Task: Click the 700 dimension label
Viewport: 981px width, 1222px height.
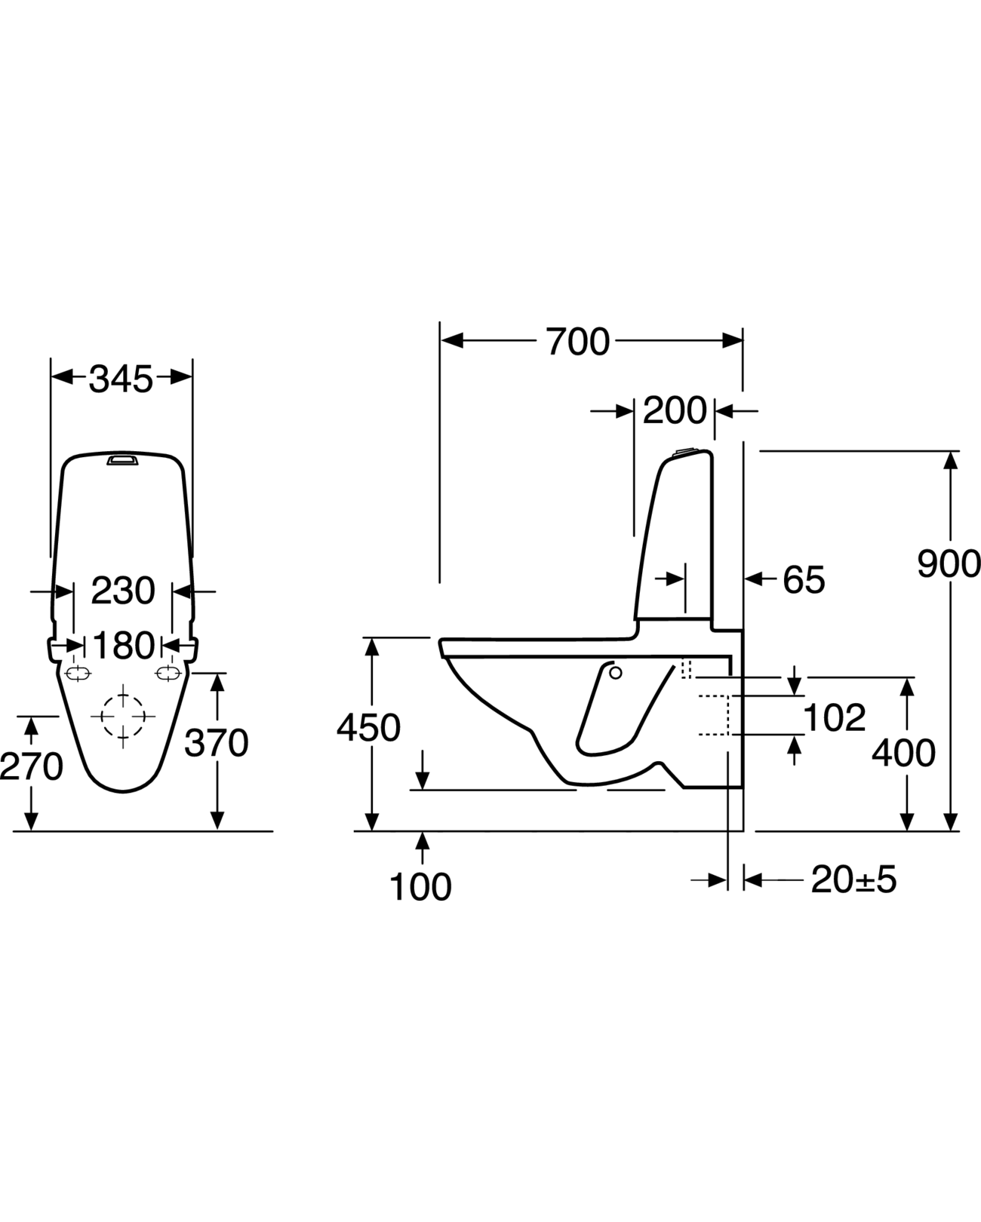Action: [577, 342]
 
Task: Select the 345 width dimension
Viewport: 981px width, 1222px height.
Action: [121, 379]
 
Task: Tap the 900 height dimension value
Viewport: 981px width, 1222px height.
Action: [949, 563]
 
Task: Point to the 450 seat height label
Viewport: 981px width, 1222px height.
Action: [368, 728]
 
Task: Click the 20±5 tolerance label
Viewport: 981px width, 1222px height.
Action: [853, 880]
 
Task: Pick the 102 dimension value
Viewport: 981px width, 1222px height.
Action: [834, 717]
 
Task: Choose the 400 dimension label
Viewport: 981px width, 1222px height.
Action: [903, 753]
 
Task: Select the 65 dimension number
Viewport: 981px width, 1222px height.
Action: [803, 580]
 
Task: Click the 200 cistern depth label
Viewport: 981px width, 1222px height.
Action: [674, 411]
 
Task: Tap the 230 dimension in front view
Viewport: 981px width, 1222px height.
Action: [123, 591]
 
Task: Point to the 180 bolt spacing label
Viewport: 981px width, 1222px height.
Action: [123, 646]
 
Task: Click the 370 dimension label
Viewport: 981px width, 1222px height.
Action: [217, 744]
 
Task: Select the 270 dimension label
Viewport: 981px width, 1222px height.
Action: [31, 767]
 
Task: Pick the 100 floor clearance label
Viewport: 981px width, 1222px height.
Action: [420, 886]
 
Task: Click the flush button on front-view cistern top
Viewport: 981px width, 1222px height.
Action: [123, 459]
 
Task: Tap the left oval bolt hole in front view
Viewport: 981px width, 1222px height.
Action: [78, 673]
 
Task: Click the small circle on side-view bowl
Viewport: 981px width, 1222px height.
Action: [614, 672]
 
